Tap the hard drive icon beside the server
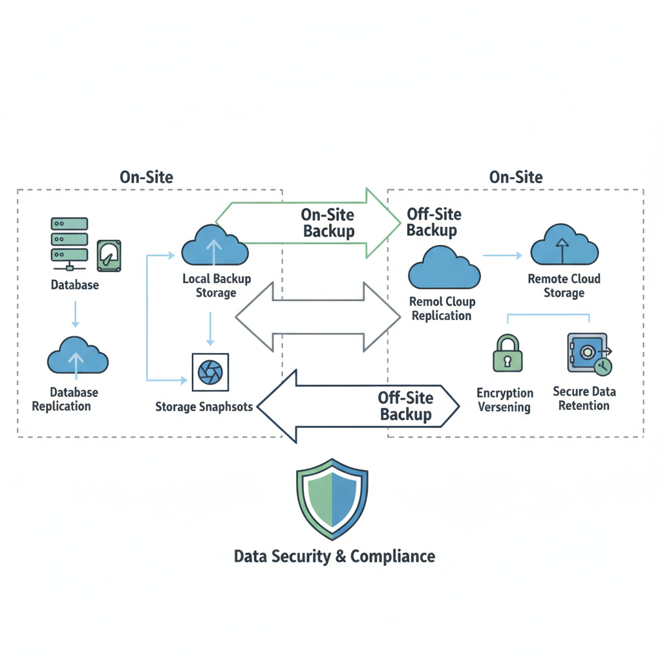(x=109, y=256)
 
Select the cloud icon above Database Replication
(x=78, y=356)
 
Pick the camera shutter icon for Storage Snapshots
(x=209, y=372)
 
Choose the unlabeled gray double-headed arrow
(x=317, y=316)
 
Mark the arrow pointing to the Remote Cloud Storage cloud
(x=502, y=256)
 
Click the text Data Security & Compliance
(x=334, y=557)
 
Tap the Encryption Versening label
(x=505, y=400)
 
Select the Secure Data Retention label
(x=584, y=398)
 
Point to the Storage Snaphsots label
(x=204, y=407)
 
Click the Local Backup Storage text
(x=217, y=286)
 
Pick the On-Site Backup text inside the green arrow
(x=328, y=223)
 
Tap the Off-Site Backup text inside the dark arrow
(x=406, y=406)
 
